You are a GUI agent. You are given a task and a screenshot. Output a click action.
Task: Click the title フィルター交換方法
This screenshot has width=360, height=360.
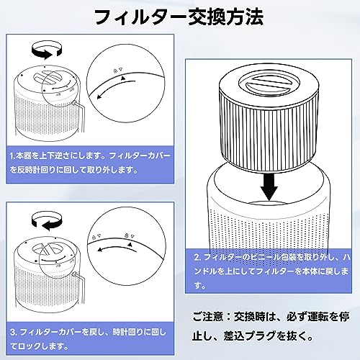[x=179, y=17]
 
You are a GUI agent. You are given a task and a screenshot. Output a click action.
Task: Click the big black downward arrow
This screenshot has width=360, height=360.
[x=269, y=186]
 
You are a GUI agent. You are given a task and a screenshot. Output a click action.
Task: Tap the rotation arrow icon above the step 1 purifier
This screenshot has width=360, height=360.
[x=47, y=50]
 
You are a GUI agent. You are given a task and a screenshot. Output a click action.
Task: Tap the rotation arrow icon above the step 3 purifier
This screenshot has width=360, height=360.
[x=47, y=220]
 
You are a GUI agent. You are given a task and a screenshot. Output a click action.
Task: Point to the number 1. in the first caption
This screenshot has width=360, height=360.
[x=12, y=156]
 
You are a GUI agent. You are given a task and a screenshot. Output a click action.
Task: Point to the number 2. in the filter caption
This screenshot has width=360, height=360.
[x=197, y=257]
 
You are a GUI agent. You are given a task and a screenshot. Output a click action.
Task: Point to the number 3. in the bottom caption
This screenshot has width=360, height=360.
[x=14, y=333]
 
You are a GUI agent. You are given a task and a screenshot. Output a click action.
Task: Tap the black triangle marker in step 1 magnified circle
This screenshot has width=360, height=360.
[x=123, y=78]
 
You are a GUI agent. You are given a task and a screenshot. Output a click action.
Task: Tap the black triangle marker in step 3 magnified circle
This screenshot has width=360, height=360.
[x=130, y=244]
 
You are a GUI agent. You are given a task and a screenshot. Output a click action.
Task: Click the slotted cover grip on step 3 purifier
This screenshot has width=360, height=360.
[x=48, y=248]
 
